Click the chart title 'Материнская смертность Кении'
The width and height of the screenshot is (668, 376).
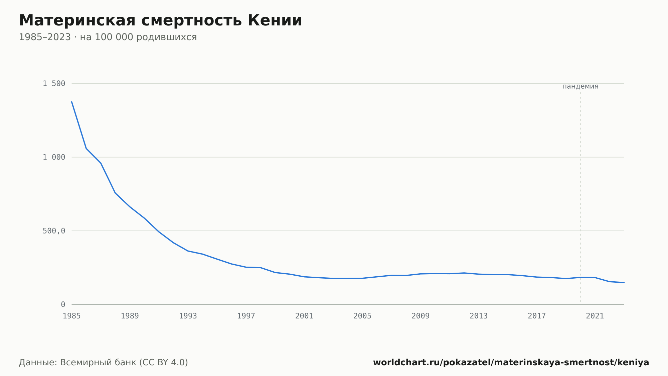point(160,21)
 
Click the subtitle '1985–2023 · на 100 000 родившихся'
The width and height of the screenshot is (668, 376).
point(108,37)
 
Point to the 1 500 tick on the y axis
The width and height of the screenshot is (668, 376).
point(54,84)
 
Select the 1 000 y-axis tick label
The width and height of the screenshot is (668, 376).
point(54,157)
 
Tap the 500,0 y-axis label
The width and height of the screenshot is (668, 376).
point(54,231)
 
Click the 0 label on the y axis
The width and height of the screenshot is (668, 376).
point(63,305)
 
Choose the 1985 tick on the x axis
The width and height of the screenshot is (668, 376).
point(72,316)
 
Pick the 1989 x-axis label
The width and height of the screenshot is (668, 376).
point(130,316)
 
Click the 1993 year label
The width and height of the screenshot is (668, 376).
point(188,316)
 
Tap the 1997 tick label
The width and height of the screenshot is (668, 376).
point(246,316)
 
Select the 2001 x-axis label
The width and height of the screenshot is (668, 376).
point(304,316)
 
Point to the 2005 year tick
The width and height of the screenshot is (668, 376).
point(362,316)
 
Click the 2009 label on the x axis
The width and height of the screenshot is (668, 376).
point(421,316)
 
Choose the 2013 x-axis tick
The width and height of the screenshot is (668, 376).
point(479,316)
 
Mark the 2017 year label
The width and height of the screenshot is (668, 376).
point(537,316)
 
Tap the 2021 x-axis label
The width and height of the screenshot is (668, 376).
point(595,316)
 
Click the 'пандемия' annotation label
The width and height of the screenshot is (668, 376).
point(580,87)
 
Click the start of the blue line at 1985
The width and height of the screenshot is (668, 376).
point(72,102)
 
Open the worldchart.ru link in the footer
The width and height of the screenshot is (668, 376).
point(511,363)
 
